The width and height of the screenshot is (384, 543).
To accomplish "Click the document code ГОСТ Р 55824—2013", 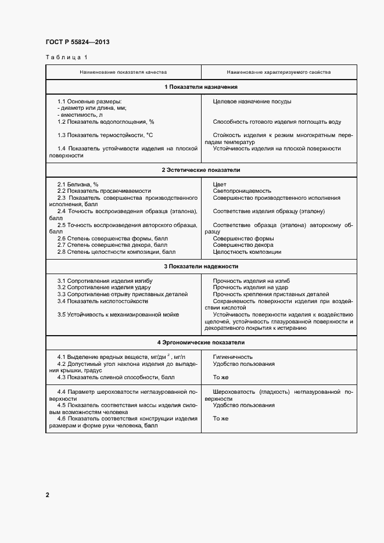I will (77, 42).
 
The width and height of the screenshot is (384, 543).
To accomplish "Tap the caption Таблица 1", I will (66, 57).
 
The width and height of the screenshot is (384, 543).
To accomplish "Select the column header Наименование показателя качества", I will (123, 73).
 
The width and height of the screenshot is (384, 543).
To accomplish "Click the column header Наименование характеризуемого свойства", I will (279, 73).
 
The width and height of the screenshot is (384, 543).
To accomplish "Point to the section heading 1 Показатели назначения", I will (201, 87).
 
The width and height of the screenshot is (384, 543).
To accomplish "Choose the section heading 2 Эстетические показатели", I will (201, 170).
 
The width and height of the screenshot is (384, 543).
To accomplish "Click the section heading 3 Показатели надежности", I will (201, 267).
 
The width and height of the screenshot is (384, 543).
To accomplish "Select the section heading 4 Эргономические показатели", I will (201, 343).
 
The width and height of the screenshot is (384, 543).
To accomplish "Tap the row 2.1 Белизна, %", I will (78, 184).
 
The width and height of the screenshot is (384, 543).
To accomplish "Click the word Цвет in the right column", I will (220, 184).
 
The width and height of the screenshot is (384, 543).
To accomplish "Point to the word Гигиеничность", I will (233, 357).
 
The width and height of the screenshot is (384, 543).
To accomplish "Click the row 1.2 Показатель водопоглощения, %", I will (106, 122).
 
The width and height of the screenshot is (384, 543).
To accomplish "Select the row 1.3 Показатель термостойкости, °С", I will (105, 135).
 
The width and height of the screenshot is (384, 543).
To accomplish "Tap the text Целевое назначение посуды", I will (252, 102).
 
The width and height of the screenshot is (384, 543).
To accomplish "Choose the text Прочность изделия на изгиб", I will (252, 281).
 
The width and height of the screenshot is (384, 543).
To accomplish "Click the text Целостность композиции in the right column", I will (247, 252).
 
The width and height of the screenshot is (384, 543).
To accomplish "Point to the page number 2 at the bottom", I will (48, 495).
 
